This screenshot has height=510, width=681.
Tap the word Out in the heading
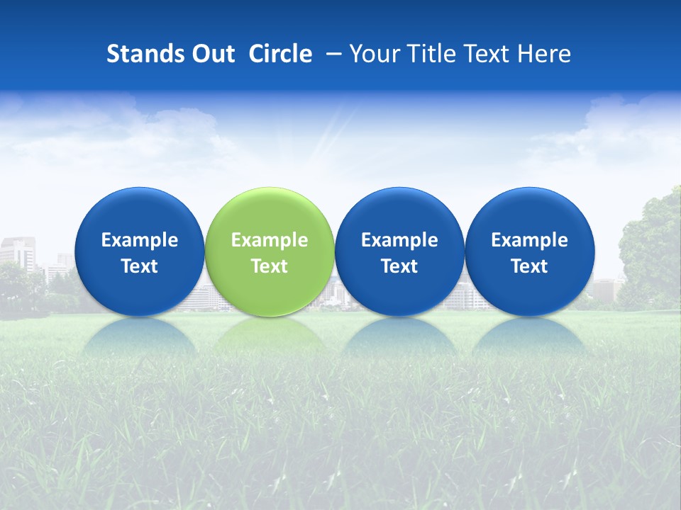212,54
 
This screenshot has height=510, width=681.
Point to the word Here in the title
544,54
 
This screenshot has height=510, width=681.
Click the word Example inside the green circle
270,240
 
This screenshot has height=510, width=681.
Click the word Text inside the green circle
270,266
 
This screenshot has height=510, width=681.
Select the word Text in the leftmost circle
139,266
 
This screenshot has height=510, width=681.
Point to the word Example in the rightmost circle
529,240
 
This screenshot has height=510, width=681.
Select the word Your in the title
373,54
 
